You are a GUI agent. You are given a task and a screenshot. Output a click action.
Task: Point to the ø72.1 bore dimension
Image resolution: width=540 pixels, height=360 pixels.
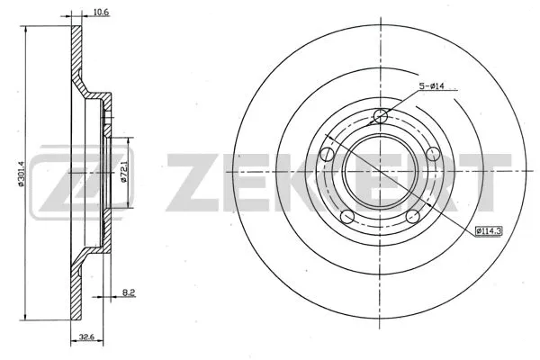[x=123, y=168]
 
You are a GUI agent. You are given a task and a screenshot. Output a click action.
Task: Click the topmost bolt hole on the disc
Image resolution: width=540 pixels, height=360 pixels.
[x=381, y=116]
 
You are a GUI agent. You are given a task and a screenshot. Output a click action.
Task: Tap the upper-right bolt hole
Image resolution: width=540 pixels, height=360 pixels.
[x=431, y=152]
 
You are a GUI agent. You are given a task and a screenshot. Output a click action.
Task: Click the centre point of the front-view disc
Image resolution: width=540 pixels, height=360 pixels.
[x=381, y=171]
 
